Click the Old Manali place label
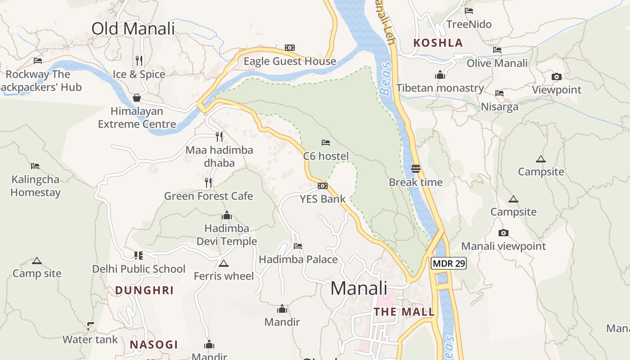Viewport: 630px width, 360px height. pos(133,28)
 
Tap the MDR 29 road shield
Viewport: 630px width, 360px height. pos(449,264)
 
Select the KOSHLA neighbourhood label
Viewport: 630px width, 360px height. pos(438,43)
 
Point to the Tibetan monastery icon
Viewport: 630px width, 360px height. pos(440,75)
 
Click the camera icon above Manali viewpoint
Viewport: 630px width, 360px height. pos(504,233)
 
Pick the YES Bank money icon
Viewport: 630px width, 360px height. pos(323,186)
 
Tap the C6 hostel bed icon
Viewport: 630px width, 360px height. pos(326,143)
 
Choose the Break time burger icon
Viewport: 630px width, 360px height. pos(415,169)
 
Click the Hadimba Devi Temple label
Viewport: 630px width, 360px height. pos(227,235)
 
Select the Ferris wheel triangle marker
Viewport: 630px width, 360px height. pos(223,263)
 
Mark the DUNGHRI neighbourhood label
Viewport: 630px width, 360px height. pos(144,290)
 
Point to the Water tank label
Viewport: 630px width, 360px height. pos(90,339)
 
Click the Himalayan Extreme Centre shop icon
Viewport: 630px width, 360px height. pos(137,98)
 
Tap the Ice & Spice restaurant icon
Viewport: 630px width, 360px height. pos(139,60)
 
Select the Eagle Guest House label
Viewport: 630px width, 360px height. pos(290,61)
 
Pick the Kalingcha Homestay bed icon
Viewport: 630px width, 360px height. pos(35,166)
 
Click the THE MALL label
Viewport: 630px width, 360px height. pos(404,312)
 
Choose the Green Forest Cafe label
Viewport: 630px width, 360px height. pos(208,196)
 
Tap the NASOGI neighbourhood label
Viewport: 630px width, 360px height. pos(154,345)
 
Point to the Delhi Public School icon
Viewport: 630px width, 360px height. pos(139,256)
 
